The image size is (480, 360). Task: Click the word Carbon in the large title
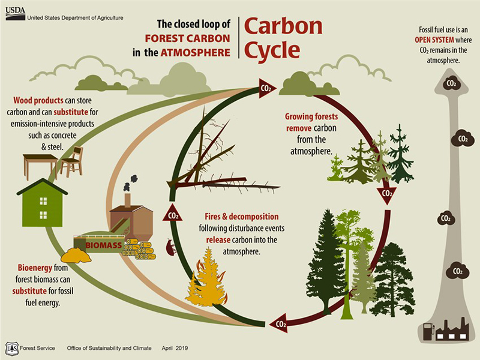pos(283,26)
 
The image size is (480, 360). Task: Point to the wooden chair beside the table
pos(72,160)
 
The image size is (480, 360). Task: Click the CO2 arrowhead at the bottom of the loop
pos(278,324)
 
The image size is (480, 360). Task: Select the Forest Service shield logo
pos(11,348)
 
